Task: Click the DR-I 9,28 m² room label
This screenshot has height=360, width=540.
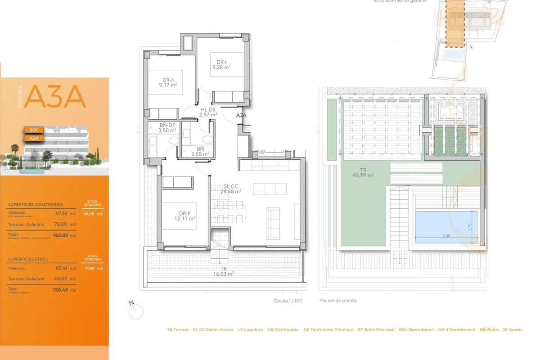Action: (221, 65)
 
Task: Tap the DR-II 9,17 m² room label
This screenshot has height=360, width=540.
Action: (168, 81)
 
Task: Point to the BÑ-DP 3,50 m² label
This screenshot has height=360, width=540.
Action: (167, 128)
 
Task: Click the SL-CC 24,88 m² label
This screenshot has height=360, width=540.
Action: (231, 189)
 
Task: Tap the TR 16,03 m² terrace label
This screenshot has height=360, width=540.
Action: (224, 271)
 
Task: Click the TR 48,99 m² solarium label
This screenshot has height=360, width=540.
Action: (364, 173)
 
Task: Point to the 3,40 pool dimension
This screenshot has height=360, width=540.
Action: (446, 236)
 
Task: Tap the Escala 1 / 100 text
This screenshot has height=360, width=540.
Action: (288, 301)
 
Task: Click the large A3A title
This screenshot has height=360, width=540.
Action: (55, 97)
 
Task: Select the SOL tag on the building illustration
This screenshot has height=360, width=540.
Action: (34, 130)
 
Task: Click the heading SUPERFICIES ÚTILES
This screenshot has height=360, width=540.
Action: (28, 259)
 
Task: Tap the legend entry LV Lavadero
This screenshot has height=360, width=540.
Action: (250, 330)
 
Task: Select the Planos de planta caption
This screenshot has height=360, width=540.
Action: (338, 301)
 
